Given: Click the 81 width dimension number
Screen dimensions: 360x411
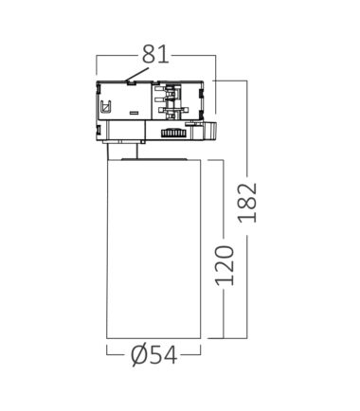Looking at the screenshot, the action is [x=155, y=54].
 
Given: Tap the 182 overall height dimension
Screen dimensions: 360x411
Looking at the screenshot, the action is [x=248, y=203].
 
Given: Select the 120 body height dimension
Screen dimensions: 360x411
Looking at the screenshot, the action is [x=225, y=265].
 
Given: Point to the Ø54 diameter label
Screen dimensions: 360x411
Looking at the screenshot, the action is [x=153, y=356].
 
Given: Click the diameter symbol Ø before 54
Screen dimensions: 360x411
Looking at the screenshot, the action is [x=139, y=356].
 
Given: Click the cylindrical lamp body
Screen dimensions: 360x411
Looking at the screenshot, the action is [x=153, y=249].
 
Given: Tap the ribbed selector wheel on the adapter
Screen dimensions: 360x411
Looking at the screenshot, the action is [x=172, y=134].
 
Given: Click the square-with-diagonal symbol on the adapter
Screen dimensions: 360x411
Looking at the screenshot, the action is [x=106, y=107].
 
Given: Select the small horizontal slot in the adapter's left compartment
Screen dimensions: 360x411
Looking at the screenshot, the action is [x=134, y=113].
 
